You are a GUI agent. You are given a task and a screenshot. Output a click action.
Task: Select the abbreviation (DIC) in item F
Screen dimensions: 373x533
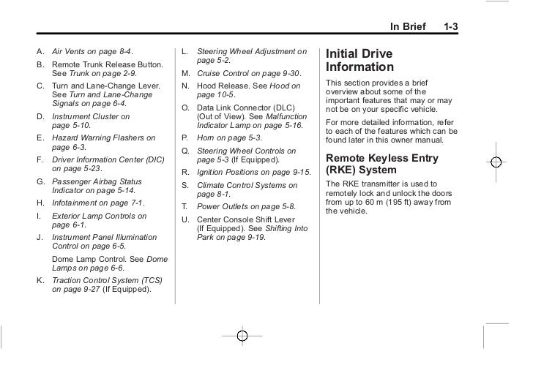pyautogui.click(x=150, y=158)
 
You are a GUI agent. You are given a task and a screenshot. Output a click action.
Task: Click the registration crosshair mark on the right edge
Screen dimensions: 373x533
pyautogui.click(x=496, y=161)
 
